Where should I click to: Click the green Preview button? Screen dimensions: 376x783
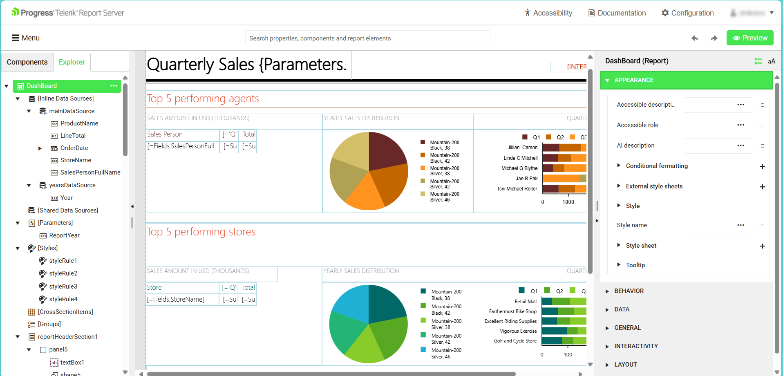point(749,38)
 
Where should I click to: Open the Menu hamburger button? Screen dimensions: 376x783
point(25,38)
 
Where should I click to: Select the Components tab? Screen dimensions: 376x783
point(27,62)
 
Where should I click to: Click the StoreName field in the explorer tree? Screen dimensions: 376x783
point(76,160)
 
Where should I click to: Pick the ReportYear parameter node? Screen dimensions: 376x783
point(64,235)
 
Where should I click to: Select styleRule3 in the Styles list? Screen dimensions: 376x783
point(63,286)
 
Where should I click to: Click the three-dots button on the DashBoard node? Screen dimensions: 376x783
point(114,86)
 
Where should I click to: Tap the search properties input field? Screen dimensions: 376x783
point(367,38)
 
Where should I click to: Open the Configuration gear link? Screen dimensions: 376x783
point(687,13)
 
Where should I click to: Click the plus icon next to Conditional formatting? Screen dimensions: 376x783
point(762,166)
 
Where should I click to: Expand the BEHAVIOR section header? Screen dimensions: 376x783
point(629,291)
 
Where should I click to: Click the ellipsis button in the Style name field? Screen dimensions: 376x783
point(740,225)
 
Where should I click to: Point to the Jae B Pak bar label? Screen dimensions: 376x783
point(526,179)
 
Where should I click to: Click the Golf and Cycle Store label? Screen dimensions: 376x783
point(515,341)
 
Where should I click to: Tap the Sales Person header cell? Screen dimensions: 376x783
point(182,134)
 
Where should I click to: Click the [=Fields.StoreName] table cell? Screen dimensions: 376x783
point(182,300)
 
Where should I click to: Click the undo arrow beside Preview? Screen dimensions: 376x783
point(695,38)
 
